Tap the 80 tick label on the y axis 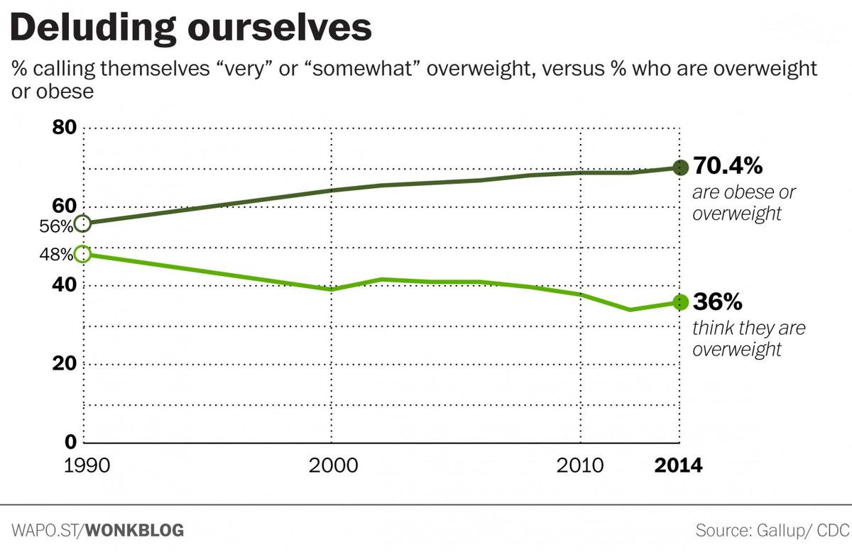(x=66, y=128)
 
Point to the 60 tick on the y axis (x=66, y=206)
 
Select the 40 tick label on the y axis (x=66, y=285)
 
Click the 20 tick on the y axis (x=66, y=363)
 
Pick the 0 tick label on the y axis (x=71, y=441)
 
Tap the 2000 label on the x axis (x=331, y=465)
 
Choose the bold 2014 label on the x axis (x=677, y=465)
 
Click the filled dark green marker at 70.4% (x=680, y=167)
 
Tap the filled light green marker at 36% (x=680, y=302)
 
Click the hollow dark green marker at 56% (x=82, y=223)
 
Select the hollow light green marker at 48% (x=82, y=254)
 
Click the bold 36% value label (x=717, y=302)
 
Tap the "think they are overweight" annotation (x=748, y=338)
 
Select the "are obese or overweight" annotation (x=743, y=203)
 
